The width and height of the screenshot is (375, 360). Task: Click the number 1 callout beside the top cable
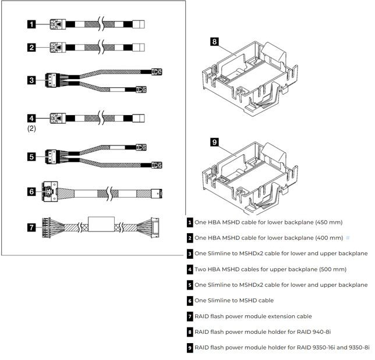[31, 24]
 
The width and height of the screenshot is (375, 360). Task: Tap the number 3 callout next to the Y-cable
[31, 80]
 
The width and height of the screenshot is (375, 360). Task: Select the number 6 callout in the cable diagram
[31, 191]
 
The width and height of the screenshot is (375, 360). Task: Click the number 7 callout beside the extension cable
[31, 227]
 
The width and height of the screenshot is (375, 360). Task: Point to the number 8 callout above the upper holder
[214, 41]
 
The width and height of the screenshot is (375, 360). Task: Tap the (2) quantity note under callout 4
[31, 129]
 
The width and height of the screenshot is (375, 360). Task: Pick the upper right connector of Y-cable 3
[155, 72]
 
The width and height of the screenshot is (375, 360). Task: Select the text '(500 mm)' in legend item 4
[331, 269]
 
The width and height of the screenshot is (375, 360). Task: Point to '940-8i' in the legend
[320, 332]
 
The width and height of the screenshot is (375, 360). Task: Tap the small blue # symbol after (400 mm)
[348, 238]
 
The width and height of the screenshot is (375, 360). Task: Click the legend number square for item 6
[190, 301]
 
